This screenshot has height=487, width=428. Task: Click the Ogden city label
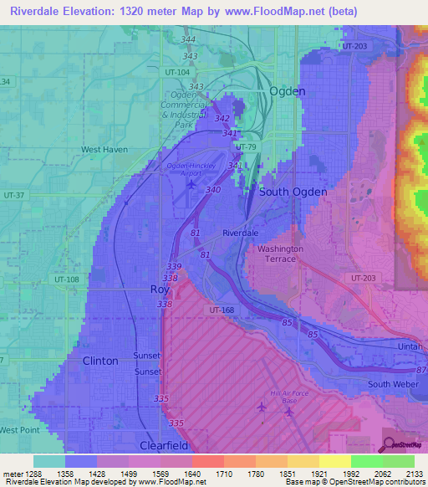click(287, 91)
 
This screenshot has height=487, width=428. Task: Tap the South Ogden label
click(293, 192)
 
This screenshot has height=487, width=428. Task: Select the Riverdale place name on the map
click(242, 233)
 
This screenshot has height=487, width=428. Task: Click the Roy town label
click(159, 289)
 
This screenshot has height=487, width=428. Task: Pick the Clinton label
click(100, 360)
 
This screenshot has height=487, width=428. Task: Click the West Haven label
click(104, 150)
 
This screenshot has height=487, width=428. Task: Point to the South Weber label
click(391, 384)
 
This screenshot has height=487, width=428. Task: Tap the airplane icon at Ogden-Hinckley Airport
click(193, 184)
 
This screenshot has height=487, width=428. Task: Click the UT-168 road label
click(222, 310)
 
